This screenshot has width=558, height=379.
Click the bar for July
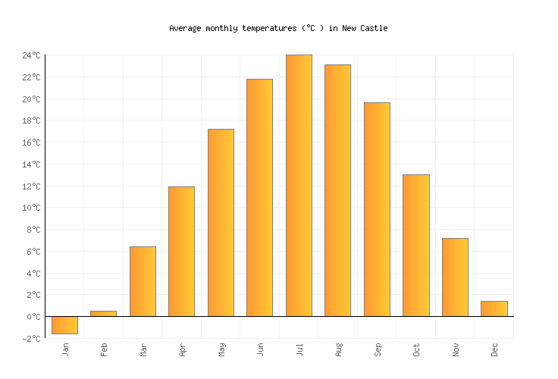299,186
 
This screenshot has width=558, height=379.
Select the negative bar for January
64,325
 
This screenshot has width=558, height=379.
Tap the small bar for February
103,313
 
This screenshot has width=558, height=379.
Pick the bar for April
181,251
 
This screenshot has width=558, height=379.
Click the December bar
494,309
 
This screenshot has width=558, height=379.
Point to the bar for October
415,246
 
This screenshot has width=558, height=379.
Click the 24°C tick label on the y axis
31,55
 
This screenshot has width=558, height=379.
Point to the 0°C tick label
33,317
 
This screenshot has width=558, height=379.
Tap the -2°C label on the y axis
31,339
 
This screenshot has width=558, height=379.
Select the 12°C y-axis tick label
31,186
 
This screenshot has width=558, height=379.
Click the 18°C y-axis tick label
31,121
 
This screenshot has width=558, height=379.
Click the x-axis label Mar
144,349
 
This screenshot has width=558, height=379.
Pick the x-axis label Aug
339,349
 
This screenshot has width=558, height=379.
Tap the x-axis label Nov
456,349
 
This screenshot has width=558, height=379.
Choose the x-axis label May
222,349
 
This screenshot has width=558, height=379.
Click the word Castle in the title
374,28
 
